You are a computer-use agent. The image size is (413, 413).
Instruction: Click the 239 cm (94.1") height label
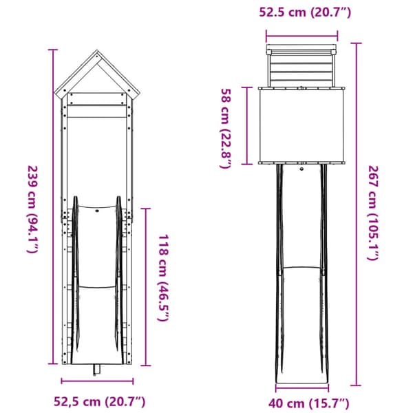pos(33,209)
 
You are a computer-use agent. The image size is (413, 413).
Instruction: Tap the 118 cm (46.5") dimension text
pos(163,278)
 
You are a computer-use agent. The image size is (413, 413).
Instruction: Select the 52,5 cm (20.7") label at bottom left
pos(100,402)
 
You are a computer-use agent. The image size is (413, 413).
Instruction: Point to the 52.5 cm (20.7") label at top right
pos(305,12)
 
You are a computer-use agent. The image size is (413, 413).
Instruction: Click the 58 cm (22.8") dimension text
pos(226,128)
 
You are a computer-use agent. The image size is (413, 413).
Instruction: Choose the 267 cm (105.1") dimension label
pos(373,213)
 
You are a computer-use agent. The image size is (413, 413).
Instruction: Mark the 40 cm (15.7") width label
pos(308,403)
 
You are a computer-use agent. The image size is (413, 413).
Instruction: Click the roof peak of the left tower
pos(97,51)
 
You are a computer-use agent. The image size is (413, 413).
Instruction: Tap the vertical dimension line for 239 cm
pos(53,206)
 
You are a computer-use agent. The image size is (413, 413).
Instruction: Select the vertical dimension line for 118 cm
pos(146,287)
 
